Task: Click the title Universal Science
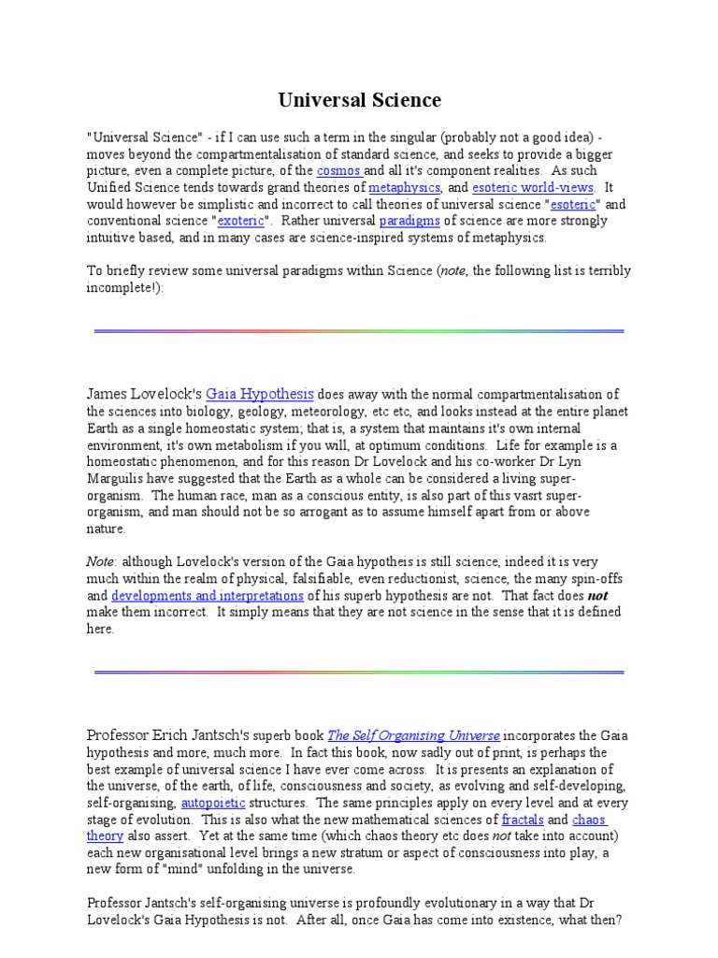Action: [x=360, y=100]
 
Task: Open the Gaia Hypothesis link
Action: [x=259, y=394]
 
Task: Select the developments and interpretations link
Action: [x=207, y=595]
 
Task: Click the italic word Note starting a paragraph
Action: [x=101, y=561]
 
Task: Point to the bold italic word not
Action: [x=598, y=595]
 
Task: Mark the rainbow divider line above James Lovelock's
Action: [x=359, y=331]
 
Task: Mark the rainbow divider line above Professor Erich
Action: [x=359, y=672]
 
